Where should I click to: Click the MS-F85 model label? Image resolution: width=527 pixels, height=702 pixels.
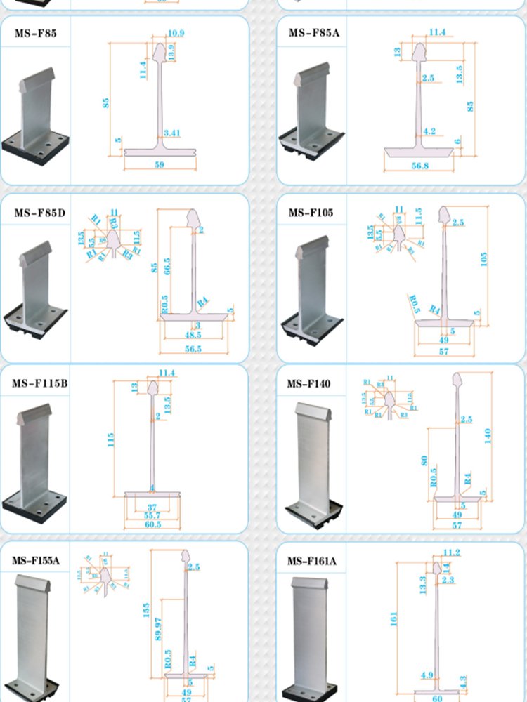(x=36, y=33)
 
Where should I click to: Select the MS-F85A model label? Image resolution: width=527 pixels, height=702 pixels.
(x=313, y=33)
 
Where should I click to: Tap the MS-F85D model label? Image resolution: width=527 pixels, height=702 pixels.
(x=39, y=213)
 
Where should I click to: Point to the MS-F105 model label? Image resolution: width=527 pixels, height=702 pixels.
(x=311, y=213)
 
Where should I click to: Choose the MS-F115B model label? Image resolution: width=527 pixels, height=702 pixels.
(x=39, y=383)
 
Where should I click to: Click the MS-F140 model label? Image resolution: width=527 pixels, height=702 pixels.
(x=308, y=384)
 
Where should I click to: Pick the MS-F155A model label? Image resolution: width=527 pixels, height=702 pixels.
(x=36, y=561)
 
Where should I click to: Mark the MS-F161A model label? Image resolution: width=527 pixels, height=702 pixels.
(x=311, y=562)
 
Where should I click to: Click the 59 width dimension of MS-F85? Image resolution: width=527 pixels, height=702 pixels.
(x=159, y=164)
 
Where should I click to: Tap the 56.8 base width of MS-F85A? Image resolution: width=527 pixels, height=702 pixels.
(x=419, y=166)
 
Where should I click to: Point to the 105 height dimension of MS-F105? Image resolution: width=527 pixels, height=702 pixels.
(x=483, y=260)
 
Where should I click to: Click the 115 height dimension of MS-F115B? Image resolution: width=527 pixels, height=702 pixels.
(x=110, y=439)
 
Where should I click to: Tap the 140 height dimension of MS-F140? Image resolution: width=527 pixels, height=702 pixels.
(x=488, y=435)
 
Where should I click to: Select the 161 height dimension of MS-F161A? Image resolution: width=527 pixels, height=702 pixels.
(x=394, y=618)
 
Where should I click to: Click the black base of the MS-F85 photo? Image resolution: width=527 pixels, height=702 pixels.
(x=35, y=151)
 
